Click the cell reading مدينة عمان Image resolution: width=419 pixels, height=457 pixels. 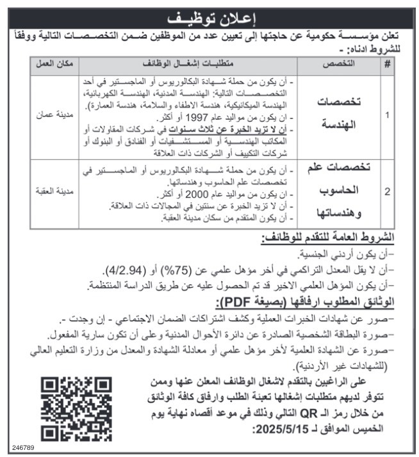point(54,118)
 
